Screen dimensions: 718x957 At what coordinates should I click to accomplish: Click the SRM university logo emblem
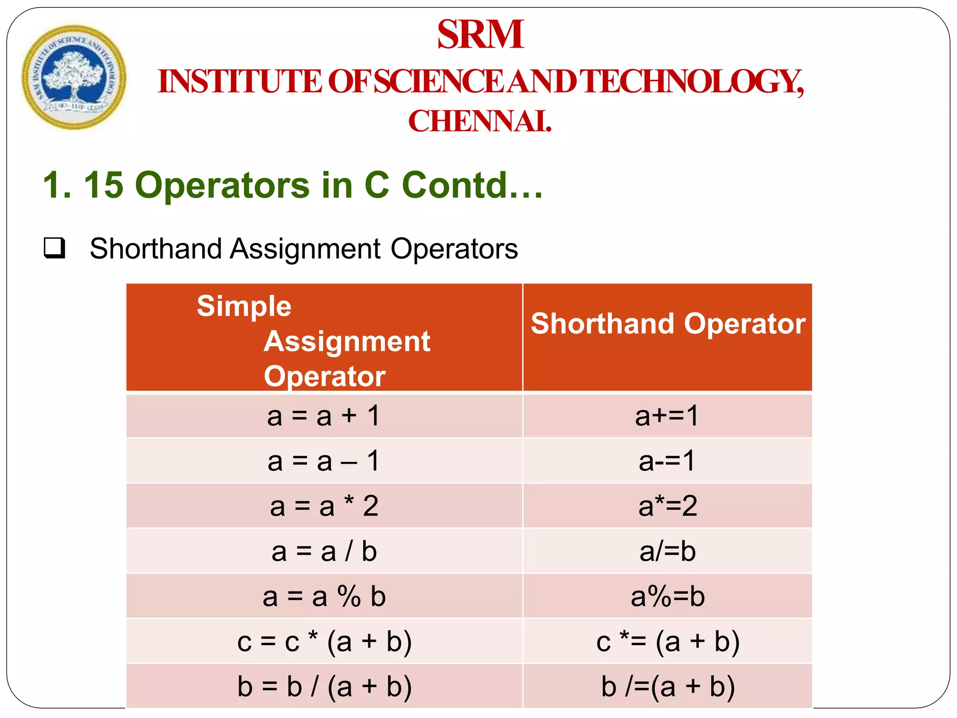click(x=74, y=77)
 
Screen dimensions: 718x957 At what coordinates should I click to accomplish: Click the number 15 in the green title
click(x=103, y=185)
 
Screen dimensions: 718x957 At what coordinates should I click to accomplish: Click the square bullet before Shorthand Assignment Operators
click(x=54, y=248)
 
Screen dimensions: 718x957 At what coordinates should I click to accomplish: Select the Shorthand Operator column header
click(x=668, y=323)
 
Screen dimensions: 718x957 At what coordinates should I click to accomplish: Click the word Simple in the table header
click(x=244, y=307)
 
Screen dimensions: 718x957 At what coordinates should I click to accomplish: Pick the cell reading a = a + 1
click(x=324, y=416)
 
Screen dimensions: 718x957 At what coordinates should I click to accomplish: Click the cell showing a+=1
click(x=667, y=416)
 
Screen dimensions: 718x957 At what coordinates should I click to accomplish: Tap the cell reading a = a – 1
click(x=324, y=461)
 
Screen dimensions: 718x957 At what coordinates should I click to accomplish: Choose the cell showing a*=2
click(x=667, y=506)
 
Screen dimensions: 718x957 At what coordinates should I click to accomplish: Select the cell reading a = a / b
click(x=324, y=551)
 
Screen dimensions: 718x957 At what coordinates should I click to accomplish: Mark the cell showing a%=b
click(x=667, y=596)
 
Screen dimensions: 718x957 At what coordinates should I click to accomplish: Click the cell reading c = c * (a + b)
click(x=324, y=641)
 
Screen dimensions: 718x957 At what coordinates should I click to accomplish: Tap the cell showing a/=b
click(x=667, y=551)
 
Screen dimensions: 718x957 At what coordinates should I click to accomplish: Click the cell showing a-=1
click(x=667, y=461)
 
